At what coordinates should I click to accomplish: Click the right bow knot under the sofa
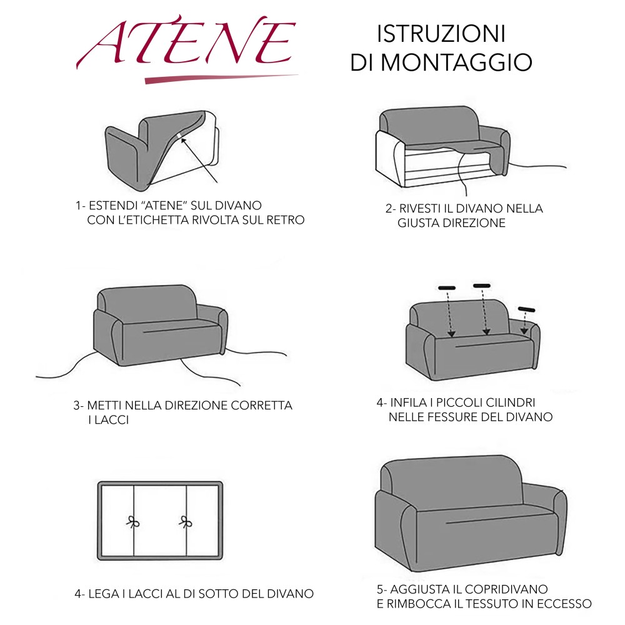[x=186, y=522]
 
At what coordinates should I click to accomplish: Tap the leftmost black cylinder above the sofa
[x=447, y=288]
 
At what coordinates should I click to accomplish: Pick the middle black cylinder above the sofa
[x=482, y=286]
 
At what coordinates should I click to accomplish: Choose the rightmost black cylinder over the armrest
[x=527, y=309]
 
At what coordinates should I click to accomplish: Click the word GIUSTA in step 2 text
[x=419, y=223]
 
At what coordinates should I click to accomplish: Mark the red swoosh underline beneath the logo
[x=219, y=79]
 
